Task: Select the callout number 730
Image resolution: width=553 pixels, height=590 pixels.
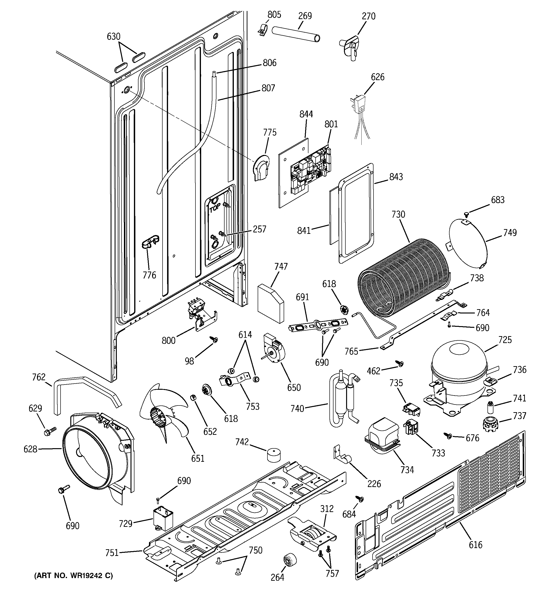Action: pyautogui.click(x=398, y=214)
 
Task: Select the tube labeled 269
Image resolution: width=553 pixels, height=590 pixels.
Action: pyautogui.click(x=296, y=34)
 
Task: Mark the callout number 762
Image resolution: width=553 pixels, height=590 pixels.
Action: pyautogui.click(x=39, y=377)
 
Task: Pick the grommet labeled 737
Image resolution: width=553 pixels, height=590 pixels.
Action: pyautogui.click(x=490, y=424)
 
